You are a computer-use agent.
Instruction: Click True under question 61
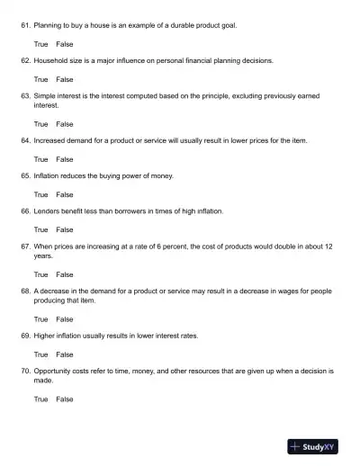click(x=41, y=44)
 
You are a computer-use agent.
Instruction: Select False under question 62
click(x=65, y=79)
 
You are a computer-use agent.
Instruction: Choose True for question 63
click(x=41, y=123)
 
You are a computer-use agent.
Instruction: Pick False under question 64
click(x=65, y=158)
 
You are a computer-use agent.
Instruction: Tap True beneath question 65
click(x=41, y=194)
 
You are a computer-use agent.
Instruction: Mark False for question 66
click(x=65, y=229)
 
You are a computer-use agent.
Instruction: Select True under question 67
click(x=41, y=273)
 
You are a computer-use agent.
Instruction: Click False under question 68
click(x=65, y=318)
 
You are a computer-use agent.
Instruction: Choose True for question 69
click(x=41, y=354)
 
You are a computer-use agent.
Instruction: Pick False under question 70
click(x=65, y=398)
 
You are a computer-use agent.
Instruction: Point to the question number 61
click(x=25, y=25)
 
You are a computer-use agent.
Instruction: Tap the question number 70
click(x=25, y=371)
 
